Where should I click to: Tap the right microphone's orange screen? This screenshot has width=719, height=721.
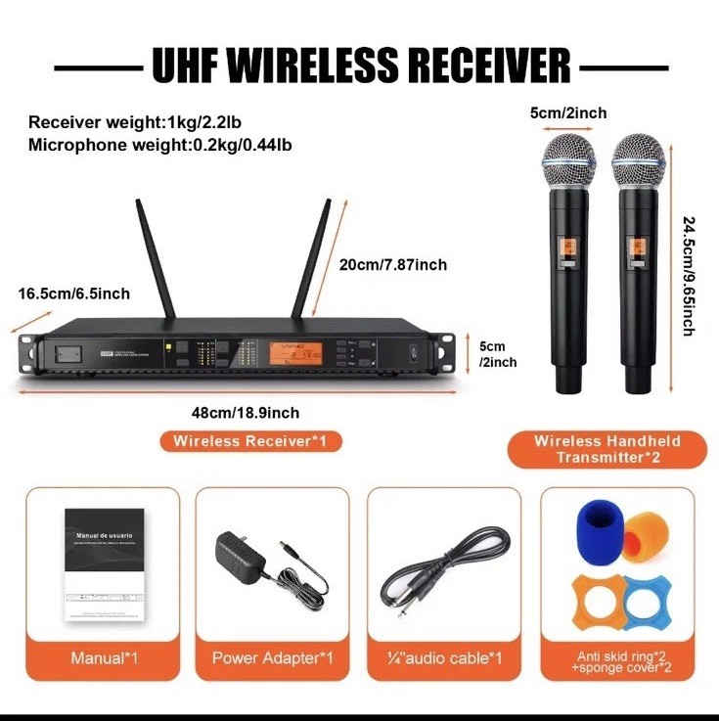coord(637,251)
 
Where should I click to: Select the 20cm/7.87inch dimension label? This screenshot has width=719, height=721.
coord(393,265)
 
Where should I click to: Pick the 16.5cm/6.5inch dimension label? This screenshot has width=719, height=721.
coord(73,293)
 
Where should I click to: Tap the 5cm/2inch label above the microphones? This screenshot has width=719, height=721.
coord(568,113)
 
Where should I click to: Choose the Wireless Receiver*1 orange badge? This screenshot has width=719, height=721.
coord(251,442)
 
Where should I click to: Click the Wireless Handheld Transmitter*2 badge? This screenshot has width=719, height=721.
coord(607,449)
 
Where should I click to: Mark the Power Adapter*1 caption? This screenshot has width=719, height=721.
coord(273,658)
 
